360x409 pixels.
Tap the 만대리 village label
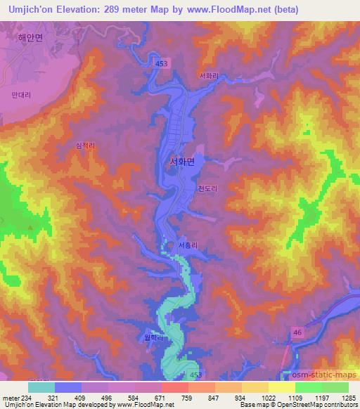click(22, 93)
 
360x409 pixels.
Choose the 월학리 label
click(154, 337)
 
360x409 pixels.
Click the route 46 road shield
click(298, 332)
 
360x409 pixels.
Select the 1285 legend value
click(349, 397)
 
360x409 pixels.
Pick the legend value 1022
click(269, 397)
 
